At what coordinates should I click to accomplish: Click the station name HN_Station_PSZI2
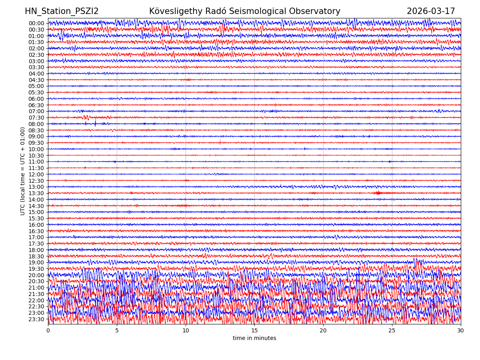click(62, 11)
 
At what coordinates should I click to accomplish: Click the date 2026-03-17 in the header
click(431, 11)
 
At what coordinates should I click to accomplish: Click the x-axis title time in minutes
click(254, 338)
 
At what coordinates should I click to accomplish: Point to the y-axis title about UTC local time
click(23, 171)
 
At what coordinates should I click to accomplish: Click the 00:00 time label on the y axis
click(36, 23)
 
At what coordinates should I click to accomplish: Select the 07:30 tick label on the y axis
click(36, 118)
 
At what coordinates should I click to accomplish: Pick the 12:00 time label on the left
click(36, 174)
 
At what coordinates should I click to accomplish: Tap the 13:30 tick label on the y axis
click(36, 193)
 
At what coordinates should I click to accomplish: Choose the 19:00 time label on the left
click(36, 262)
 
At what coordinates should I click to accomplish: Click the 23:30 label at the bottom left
click(36, 319)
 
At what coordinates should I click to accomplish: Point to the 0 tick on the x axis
click(48, 331)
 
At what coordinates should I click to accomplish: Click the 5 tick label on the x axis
click(117, 331)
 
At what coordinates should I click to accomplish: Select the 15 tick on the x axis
click(254, 331)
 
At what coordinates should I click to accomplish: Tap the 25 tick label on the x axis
click(392, 331)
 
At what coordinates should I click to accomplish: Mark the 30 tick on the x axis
click(461, 331)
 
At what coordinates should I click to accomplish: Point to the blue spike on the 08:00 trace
click(95, 123)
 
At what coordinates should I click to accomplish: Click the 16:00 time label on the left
click(36, 225)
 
